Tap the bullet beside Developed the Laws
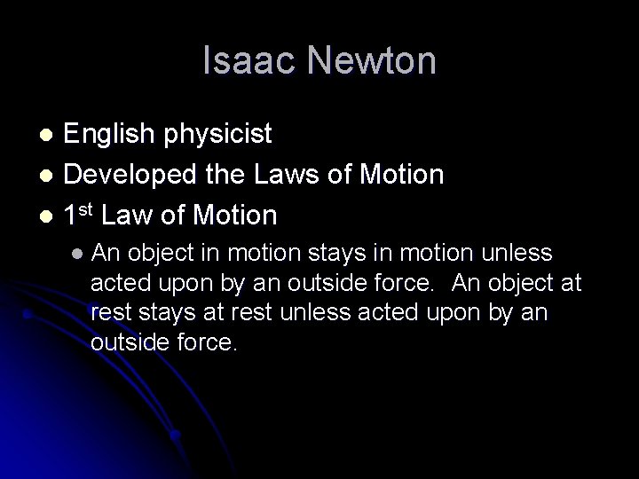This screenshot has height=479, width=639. [50, 176]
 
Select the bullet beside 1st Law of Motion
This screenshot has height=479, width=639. [50, 216]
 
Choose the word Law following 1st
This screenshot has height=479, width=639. [140, 216]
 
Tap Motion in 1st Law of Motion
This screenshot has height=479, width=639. [233, 216]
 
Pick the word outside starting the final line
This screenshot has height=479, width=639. [124, 342]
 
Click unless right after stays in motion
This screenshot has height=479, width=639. [517, 255]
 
